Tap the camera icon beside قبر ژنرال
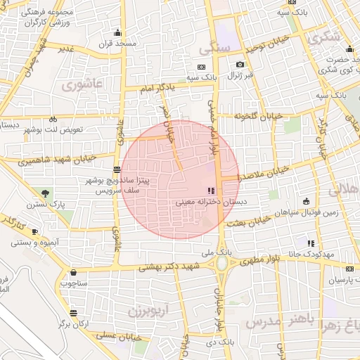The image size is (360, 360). click(x=240, y=64)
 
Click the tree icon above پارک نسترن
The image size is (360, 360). click(x=46, y=193)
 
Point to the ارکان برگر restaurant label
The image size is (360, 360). click(x=72, y=324)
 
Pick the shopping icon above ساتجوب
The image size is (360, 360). click(x=73, y=273)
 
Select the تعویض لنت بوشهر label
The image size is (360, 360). click(x=53, y=130)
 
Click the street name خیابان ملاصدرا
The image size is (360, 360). click(x=266, y=176)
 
